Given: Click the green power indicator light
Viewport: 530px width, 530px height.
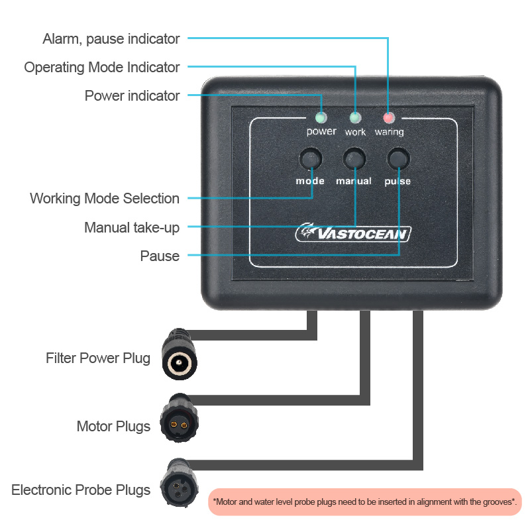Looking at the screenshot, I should click(x=321, y=118).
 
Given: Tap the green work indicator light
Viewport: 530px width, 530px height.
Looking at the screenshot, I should click(x=355, y=118).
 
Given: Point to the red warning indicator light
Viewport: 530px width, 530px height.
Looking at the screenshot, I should click(x=388, y=118).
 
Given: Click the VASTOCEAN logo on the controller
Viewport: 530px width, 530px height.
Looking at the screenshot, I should click(x=354, y=233).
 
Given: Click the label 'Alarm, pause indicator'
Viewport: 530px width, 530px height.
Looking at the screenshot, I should click(x=111, y=39).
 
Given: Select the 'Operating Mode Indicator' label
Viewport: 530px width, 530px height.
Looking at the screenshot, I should click(x=101, y=68).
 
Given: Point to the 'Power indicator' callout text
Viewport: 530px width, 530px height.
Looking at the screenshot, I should click(x=132, y=96).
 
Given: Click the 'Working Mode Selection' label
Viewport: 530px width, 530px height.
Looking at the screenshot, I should click(x=105, y=199).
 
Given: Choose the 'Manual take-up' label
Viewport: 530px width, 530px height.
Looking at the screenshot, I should click(x=132, y=228).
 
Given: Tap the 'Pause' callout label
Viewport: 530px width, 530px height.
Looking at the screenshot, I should click(x=160, y=256).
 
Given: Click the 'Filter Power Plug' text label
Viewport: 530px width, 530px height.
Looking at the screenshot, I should click(x=98, y=358).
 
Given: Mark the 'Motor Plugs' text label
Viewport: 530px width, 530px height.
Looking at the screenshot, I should click(x=113, y=426).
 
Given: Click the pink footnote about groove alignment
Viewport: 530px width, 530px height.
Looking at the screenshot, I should click(x=365, y=502).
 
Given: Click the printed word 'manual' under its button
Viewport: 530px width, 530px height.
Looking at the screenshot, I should click(x=353, y=181).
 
